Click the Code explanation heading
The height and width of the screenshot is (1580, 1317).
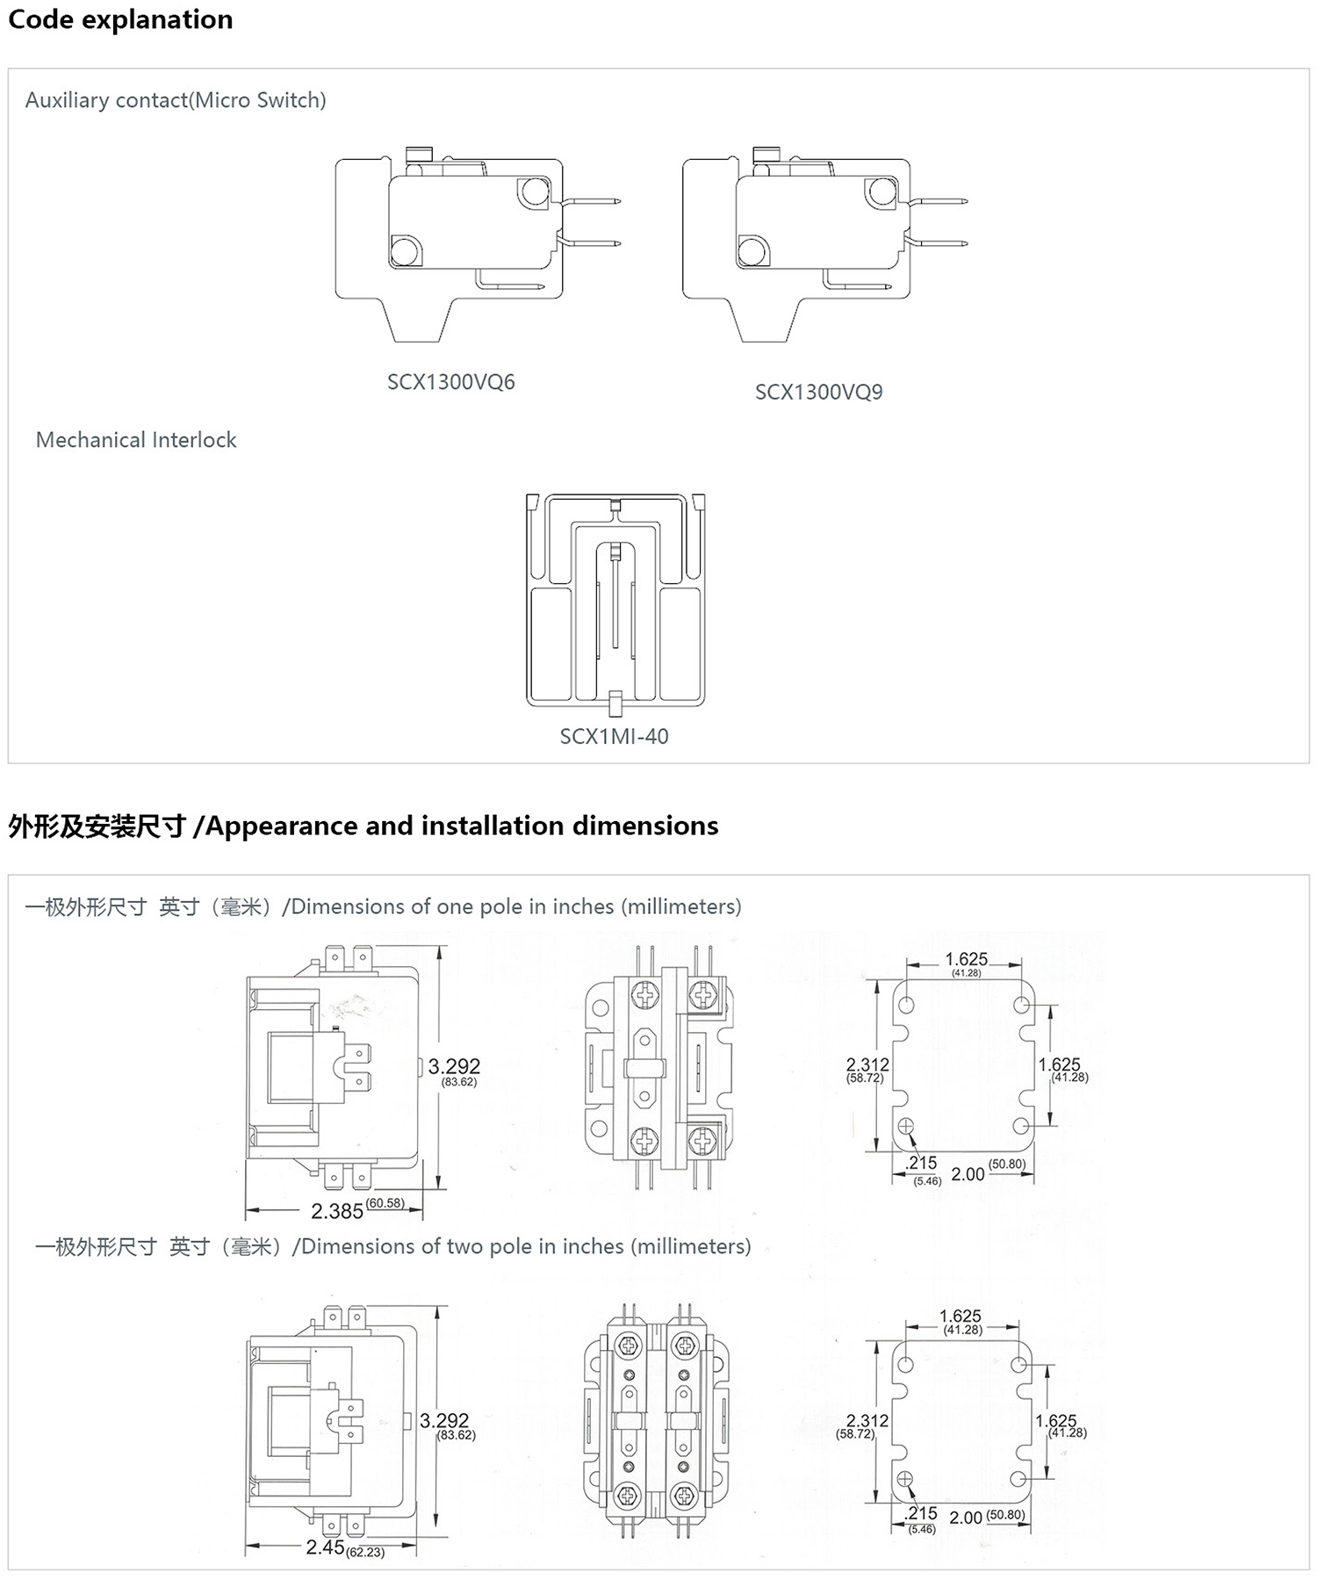120,19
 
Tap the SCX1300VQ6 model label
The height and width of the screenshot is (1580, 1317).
450,382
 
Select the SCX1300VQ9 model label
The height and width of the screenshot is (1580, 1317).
818,392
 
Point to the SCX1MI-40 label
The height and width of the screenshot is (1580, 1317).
614,736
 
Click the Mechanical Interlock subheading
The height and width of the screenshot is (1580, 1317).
136,440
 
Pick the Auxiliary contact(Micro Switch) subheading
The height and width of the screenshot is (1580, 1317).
176,100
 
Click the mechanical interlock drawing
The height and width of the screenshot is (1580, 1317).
615,602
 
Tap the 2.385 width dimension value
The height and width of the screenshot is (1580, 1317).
337,1211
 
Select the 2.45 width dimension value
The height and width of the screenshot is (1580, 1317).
325,1547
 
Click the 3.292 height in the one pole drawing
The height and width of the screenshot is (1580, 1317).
454,1066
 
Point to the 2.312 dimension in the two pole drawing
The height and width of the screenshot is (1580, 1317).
867,1420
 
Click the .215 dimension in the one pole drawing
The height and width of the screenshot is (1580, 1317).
921,1163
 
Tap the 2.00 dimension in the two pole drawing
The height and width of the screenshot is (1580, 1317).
966,1517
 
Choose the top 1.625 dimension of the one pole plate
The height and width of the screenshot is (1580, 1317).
966,959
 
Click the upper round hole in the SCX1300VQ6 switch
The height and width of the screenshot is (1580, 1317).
533,191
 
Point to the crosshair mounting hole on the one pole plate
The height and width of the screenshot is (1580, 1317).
906,1126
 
